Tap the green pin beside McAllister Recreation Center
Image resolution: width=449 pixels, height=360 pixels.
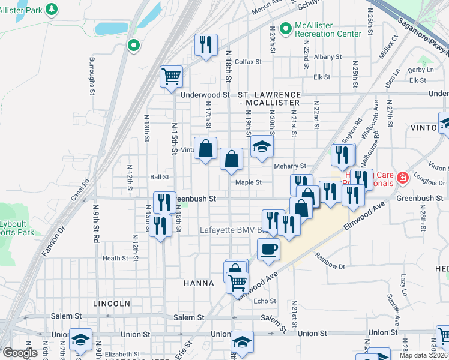pyautogui.click(x=285, y=28)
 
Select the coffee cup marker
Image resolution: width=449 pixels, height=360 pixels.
pyautogui.click(x=268, y=248)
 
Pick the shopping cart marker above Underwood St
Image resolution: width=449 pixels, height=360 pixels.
pyautogui.click(x=172, y=76)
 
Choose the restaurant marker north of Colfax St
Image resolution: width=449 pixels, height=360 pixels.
pyautogui.click(x=205, y=44)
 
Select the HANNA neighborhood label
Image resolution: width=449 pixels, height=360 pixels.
pyautogui.click(x=199, y=283)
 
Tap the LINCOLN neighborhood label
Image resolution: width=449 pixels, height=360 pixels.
pyautogui.click(x=112, y=304)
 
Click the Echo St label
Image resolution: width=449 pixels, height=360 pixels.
pyautogui.click(x=264, y=301)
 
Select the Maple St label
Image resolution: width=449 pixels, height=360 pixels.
pyautogui.click(x=249, y=182)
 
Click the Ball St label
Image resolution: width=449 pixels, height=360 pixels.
pyautogui.click(x=160, y=177)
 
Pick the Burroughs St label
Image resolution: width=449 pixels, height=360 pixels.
pyautogui.click(x=92, y=76)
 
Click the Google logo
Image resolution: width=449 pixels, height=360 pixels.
pyautogui.click(x=20, y=353)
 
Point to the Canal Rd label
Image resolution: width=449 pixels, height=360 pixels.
pyautogui.click(x=82, y=192)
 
